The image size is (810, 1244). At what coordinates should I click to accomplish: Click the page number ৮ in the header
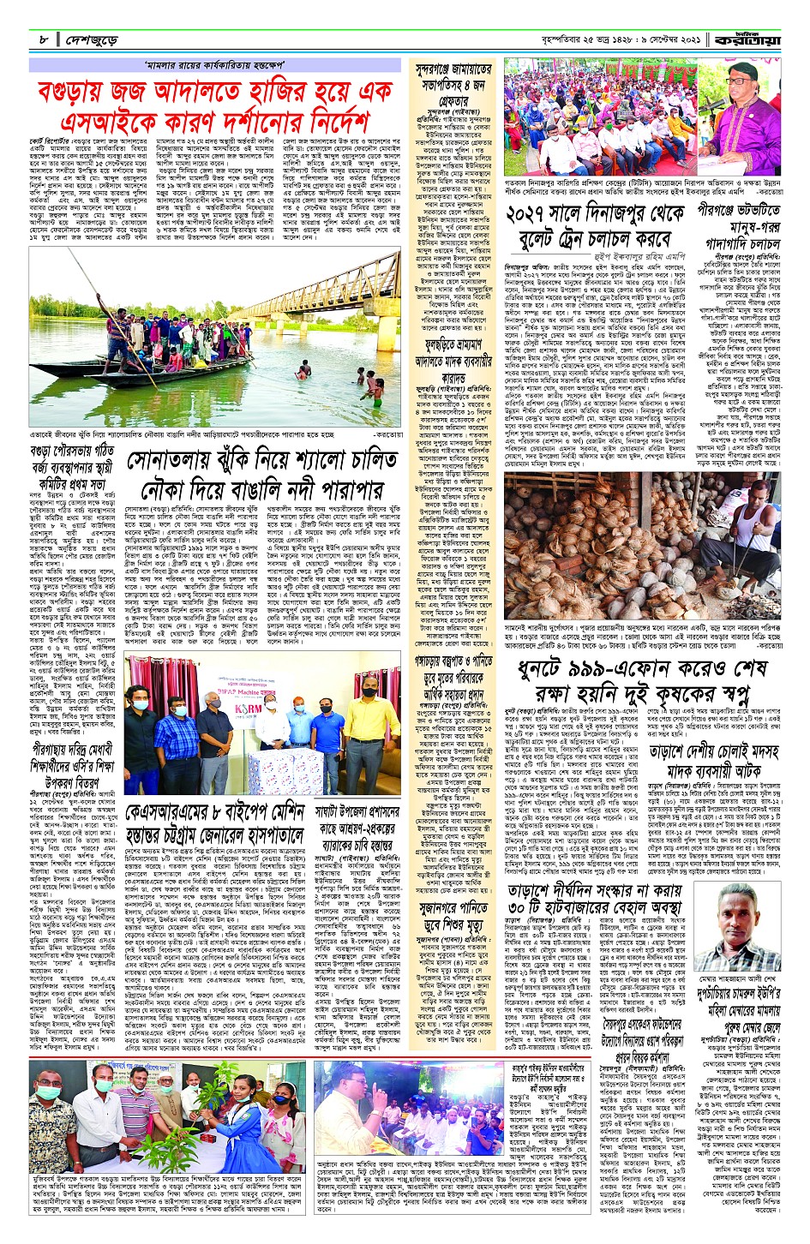click(x=41, y=40)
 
